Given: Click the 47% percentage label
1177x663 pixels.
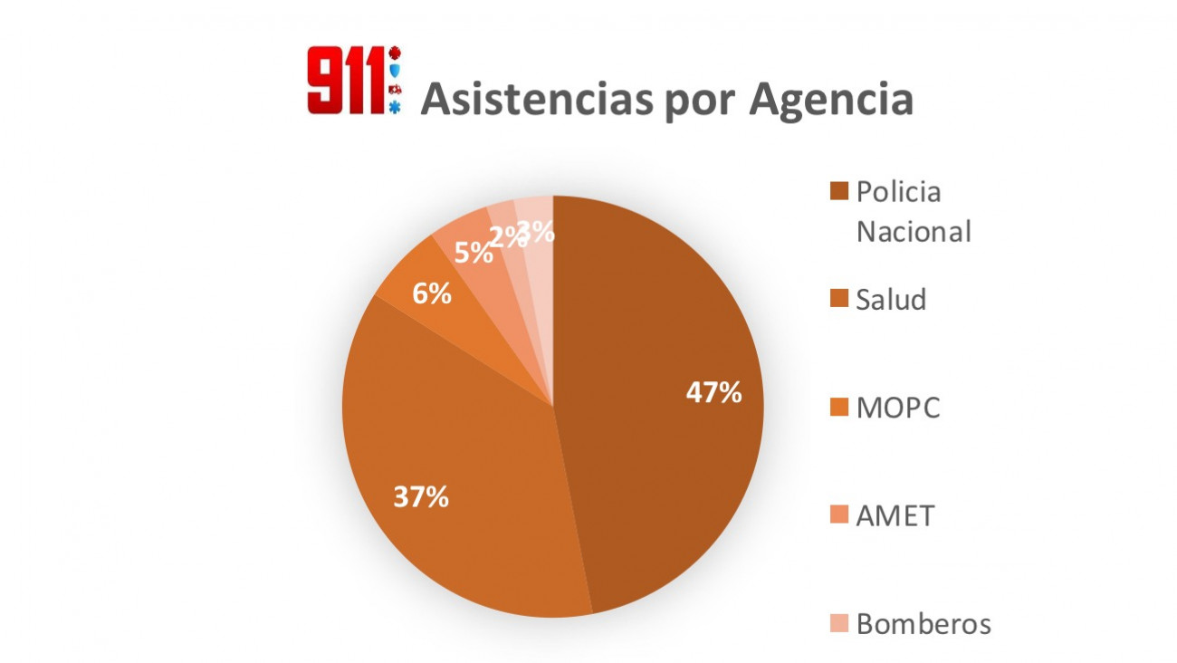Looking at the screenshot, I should point(713,392).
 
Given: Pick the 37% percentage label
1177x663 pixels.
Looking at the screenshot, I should point(420,496).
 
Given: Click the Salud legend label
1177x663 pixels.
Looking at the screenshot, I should point(891,300).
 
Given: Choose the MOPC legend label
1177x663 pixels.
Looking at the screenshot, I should point(898,408).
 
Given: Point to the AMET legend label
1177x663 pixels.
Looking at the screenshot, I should point(895,516).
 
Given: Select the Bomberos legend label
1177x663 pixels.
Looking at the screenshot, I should point(923,624).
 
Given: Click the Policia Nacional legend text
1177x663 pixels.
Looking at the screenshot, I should point(914,212).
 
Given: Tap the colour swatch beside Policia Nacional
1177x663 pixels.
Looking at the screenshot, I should point(839,192).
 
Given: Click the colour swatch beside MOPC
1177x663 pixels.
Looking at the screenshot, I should point(839,408).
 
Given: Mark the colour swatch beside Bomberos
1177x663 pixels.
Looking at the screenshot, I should point(839,624).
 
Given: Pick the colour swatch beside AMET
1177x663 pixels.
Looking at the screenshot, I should point(839,516).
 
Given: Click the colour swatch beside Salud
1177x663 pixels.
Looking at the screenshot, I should point(839,300).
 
